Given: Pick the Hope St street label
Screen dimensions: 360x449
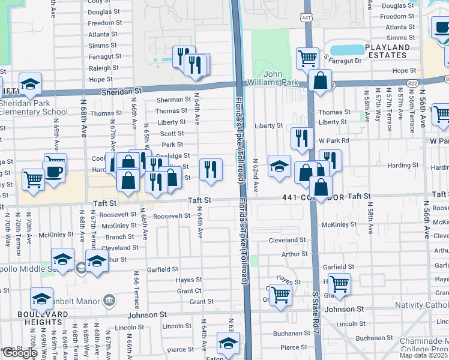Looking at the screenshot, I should point(405,71).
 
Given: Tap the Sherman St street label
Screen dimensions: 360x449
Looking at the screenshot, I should point(173,100).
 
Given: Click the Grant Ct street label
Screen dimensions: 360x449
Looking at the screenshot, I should point(189,290).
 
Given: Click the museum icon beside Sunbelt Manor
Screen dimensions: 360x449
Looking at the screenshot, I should point(109,299).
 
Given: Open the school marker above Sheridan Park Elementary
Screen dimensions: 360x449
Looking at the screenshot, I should point(30,84).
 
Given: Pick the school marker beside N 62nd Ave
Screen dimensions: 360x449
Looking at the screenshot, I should point(279,167).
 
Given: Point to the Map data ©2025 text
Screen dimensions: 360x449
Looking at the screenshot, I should point(423,355).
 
